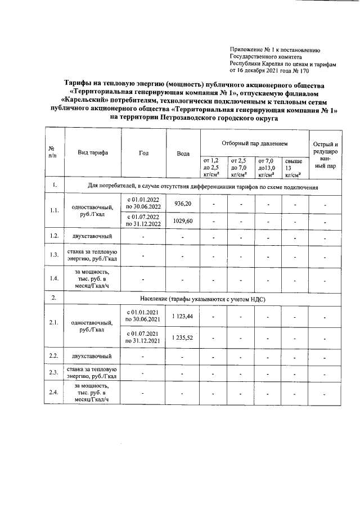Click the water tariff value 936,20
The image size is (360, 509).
click(183, 204)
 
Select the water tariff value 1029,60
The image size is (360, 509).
click(183, 221)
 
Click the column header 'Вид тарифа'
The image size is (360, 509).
click(93, 152)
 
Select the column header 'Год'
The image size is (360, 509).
click(143, 152)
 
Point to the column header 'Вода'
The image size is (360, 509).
click(183, 154)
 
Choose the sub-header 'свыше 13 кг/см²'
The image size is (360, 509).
click(294, 168)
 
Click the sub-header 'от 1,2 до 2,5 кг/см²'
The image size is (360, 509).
click(214, 168)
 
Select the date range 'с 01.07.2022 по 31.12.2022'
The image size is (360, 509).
click(143, 220)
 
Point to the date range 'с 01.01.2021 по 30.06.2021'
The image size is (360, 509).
click(143, 316)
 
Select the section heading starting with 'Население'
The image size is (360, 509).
click(201, 299)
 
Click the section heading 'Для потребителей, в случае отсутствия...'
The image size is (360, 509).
click(203, 186)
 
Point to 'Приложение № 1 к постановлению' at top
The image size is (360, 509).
click(275, 50)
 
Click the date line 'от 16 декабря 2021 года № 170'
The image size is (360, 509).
click(269, 71)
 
